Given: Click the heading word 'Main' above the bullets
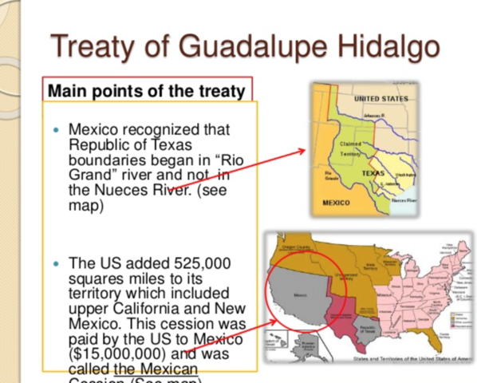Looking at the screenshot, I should coord(68,90).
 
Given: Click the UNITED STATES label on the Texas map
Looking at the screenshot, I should coord(381,98).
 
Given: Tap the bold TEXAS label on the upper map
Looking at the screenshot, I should coord(373,172).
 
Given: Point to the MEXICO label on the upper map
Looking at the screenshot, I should coord(336,203).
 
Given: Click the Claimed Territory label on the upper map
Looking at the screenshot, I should coord(351,148).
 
